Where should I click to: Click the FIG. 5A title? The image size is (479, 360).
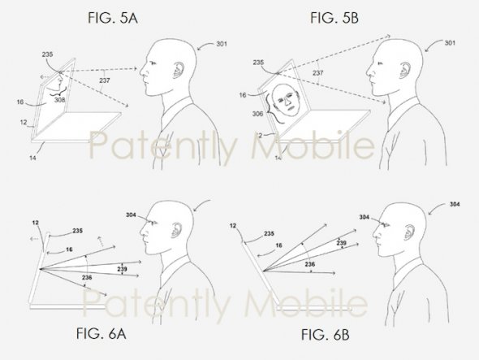(x=113, y=18)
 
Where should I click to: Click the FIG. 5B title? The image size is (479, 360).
(x=334, y=18)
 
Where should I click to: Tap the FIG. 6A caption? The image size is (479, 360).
(x=101, y=333)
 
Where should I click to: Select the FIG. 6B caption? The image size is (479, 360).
(x=325, y=335)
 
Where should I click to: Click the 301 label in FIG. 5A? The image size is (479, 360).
(x=222, y=44)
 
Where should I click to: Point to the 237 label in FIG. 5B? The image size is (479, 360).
(x=317, y=73)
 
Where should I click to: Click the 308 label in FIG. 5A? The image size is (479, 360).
(x=59, y=99)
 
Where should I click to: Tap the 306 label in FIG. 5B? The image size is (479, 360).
(x=257, y=114)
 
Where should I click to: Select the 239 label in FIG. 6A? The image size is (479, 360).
(x=122, y=269)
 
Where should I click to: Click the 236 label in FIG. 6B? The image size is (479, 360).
(x=310, y=264)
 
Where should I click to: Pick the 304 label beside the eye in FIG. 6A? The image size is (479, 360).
(x=131, y=215)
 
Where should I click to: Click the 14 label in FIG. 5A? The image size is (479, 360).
(x=32, y=158)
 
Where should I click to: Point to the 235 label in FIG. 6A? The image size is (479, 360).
(x=78, y=231)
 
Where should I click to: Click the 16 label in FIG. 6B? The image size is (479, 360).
(x=279, y=245)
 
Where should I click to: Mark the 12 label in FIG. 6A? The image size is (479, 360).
(x=36, y=223)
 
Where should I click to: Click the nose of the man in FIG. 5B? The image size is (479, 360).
(x=369, y=73)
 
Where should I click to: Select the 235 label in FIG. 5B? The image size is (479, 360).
(x=258, y=63)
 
